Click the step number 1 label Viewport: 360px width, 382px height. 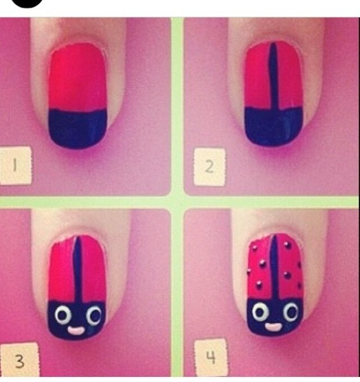[15, 166]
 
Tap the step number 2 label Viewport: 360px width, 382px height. [209, 167]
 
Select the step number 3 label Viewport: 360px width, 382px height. [19, 361]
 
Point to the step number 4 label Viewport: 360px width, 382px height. [211, 357]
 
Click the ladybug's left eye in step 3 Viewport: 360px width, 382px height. [63, 315]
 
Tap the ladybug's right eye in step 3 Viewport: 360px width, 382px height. [94, 315]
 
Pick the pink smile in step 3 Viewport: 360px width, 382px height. [76, 330]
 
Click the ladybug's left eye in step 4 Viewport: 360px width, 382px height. [260, 312]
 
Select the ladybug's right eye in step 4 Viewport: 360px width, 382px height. [291, 312]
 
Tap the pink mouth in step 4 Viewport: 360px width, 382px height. [273, 327]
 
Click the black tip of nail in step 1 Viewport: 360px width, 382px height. [78, 129]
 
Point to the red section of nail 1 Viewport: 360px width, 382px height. [78, 78]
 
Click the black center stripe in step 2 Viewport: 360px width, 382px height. [273, 76]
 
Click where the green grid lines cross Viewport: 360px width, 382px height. [177, 202]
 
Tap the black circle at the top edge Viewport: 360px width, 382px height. [27, 3]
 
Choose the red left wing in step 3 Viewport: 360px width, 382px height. [62, 271]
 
